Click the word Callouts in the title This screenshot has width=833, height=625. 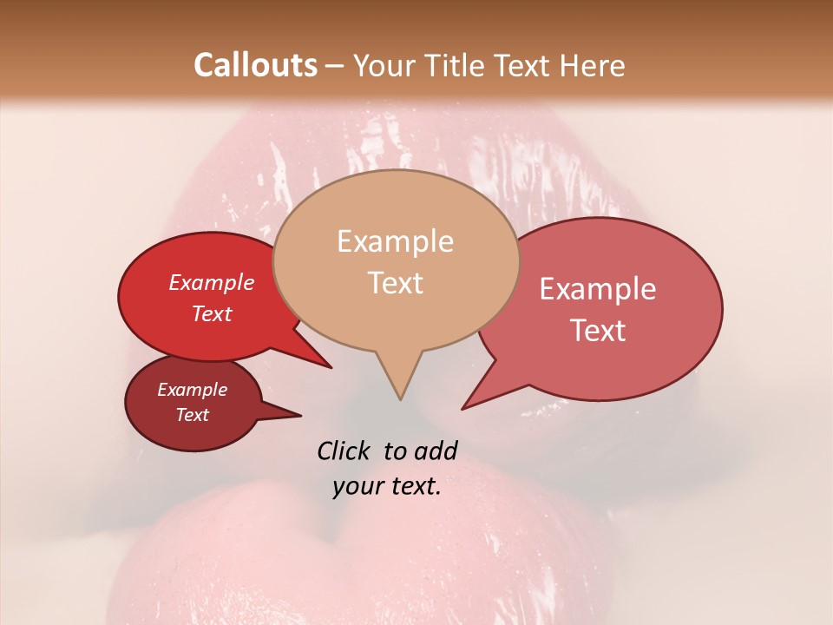tap(255, 65)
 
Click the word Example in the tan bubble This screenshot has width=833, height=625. tap(395, 241)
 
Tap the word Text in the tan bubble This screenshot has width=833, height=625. tap(395, 283)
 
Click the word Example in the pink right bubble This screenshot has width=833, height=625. tap(598, 289)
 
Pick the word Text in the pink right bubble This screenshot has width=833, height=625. tap(598, 331)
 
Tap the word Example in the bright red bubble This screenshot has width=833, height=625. tap(212, 282)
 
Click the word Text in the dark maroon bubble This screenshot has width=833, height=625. tap(193, 415)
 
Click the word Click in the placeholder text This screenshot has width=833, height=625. tap(344, 451)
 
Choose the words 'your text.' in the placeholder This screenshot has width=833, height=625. tap(387, 487)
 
